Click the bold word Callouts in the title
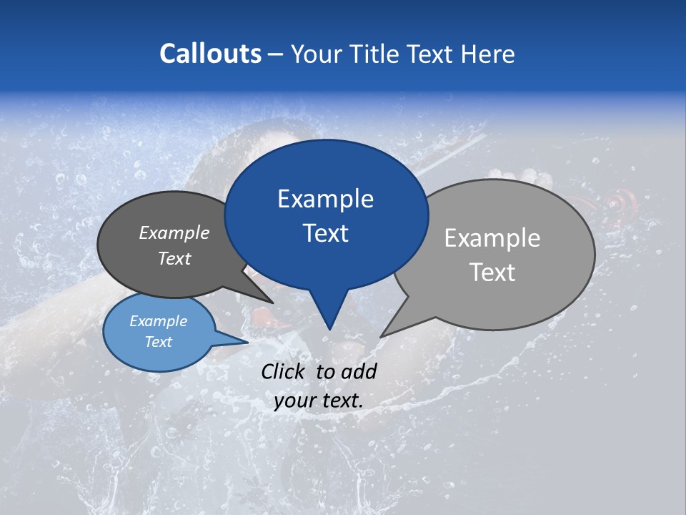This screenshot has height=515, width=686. [211, 54]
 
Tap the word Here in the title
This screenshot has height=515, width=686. [488, 54]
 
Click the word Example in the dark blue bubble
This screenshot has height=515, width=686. [325, 199]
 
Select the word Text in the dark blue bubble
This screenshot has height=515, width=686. [325, 233]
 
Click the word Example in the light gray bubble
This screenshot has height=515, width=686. [492, 238]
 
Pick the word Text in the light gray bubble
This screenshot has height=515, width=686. [492, 273]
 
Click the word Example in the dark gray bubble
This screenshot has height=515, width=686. [174, 232]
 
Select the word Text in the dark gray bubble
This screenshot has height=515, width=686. [174, 259]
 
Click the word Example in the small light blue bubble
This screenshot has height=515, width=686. [158, 321]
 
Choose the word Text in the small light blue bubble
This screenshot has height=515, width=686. [158, 342]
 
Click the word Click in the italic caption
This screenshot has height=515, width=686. [284, 371]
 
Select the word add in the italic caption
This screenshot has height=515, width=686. [359, 371]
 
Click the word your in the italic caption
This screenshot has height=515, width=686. [294, 401]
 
